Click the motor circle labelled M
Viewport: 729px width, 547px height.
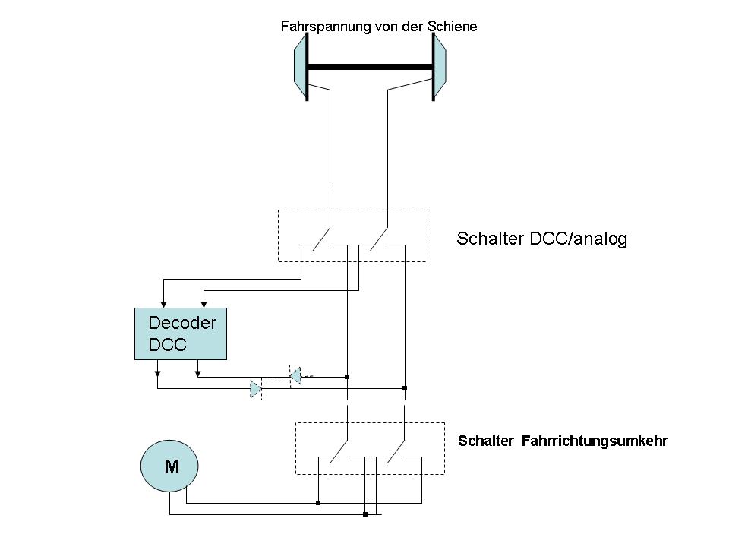click(169, 465)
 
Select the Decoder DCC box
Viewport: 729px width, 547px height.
click(181, 334)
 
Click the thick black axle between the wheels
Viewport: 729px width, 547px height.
click(370, 68)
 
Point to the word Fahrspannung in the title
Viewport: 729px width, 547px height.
click(325, 27)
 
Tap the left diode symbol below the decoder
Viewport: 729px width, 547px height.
click(255, 389)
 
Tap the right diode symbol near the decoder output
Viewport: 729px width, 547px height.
click(296, 375)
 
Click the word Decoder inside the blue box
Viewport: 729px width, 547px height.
click(182, 323)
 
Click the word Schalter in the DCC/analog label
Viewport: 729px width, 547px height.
click(485, 239)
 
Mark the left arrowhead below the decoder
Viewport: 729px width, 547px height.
click(157, 373)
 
